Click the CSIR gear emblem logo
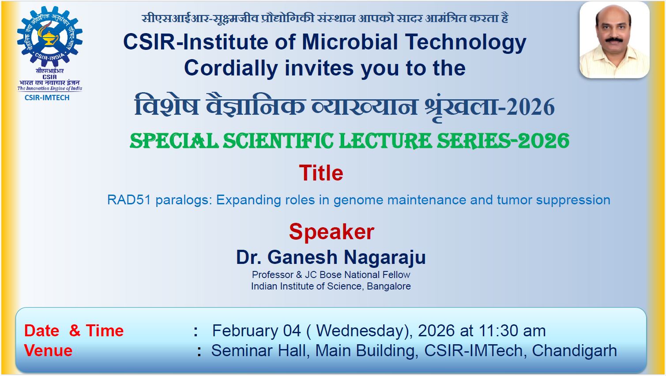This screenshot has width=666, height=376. [50, 36]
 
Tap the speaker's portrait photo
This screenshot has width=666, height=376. [614, 40]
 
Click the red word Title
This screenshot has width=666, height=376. [321, 173]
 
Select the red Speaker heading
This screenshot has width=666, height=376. [331, 232]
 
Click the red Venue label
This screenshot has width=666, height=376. [48, 351]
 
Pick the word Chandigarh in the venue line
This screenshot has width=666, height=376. [575, 351]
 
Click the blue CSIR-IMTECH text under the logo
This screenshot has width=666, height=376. [47, 98]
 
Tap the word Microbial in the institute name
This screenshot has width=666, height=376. [350, 42]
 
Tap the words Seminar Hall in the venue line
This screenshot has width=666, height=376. [258, 351]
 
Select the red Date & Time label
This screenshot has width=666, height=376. [74, 331]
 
